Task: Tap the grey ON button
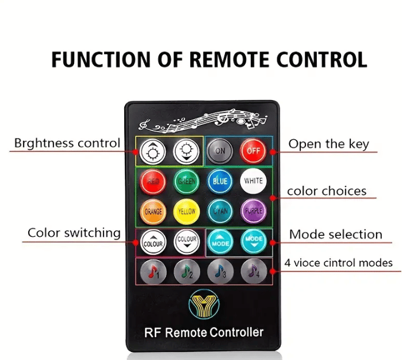[x=219, y=152]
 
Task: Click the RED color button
[x=153, y=182]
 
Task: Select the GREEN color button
[x=186, y=182]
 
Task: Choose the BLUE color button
[x=220, y=182]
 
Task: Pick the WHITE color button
[x=253, y=182]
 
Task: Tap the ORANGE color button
[x=153, y=212]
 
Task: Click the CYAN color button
[x=220, y=212]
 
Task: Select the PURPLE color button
[x=253, y=212]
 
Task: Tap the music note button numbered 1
[x=153, y=270]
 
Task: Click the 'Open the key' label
[x=328, y=144]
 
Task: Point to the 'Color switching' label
[x=74, y=233]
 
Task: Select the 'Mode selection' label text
[x=335, y=234]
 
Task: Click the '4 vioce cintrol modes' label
[x=338, y=263]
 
